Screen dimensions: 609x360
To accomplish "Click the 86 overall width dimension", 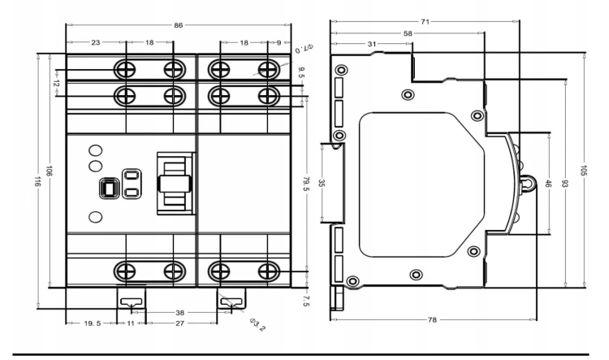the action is pos(178,26).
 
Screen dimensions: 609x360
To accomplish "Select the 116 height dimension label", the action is pos(37,181).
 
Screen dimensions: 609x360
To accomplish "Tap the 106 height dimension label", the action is pos(50,171).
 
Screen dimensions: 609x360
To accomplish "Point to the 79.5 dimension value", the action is pos(306,184).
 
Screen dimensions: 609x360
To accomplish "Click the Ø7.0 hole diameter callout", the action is pos(304,49).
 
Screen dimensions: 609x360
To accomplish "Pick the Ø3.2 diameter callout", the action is pos(258,324).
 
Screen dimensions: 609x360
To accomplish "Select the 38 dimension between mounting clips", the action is pos(179,313).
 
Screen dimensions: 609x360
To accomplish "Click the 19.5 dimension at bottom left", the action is pos(93,323).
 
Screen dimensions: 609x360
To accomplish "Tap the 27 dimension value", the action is pos(179,323).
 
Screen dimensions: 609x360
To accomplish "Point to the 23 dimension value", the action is pos(96,42).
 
